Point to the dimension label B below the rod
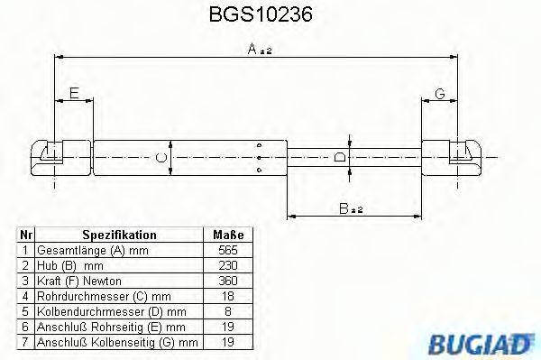coord(349,209)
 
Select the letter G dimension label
coord(439,93)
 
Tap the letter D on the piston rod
coord(339,158)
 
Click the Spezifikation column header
coord(119,235)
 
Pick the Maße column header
coord(227,235)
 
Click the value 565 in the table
coord(227,249)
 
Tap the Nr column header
coord(26,235)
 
